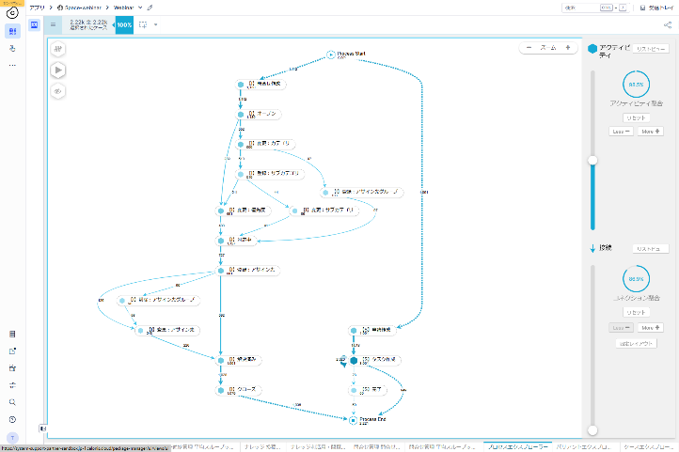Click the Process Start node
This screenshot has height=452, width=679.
[x=331, y=55]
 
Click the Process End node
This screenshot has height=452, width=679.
[x=354, y=420]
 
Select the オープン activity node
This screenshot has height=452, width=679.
[x=241, y=115]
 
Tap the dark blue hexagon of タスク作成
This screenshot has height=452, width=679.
[x=354, y=360]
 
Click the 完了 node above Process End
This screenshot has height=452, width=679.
[x=354, y=390]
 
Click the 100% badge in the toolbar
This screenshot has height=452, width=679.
[x=124, y=24]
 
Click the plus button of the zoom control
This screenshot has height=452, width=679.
[x=568, y=47]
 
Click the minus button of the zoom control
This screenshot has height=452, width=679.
[x=529, y=47]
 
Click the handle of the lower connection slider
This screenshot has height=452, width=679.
[x=592, y=430]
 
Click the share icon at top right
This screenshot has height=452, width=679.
[x=668, y=25]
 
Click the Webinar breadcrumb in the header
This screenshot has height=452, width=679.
[x=123, y=7]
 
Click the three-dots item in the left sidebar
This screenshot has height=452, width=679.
[x=12, y=65]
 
